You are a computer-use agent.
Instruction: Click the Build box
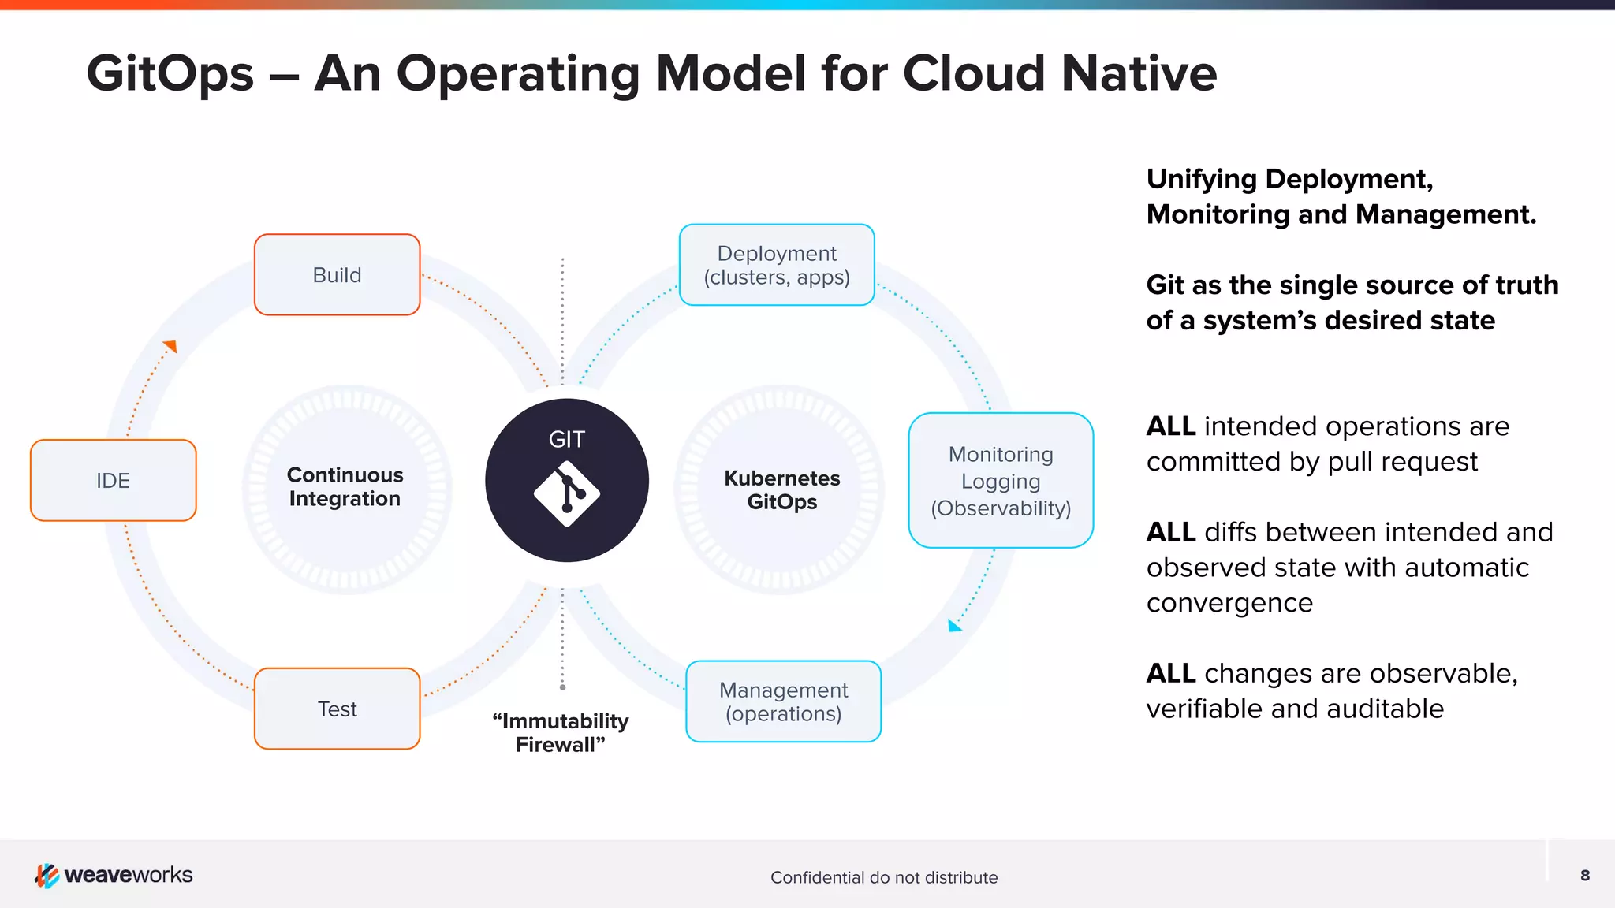pos(337,275)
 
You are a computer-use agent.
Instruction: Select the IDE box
pos(113,480)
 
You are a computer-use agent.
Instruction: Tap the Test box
pos(337,709)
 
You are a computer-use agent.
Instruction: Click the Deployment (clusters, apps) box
pos(777,265)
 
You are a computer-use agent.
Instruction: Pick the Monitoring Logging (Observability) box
pos(1001,481)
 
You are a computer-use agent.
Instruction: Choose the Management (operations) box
pos(783,701)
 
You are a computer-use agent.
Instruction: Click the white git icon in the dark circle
pos(566,494)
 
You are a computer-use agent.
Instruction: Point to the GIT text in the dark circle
pos(566,439)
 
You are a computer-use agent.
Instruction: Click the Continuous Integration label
pos(345,487)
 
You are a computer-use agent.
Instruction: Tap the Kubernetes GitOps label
pos(781,490)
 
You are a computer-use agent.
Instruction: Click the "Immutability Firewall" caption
pos(560,733)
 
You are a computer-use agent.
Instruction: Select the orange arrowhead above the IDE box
pos(170,346)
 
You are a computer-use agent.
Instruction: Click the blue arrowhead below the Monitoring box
pos(954,626)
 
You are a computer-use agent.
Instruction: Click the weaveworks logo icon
pos(47,875)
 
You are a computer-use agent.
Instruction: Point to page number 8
pos(1585,875)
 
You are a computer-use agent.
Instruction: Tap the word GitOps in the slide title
pos(170,73)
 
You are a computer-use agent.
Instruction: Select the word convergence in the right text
pos(1229,603)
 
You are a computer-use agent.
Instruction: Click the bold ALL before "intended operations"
pos(1170,426)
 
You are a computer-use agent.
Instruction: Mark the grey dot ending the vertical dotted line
pos(562,687)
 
